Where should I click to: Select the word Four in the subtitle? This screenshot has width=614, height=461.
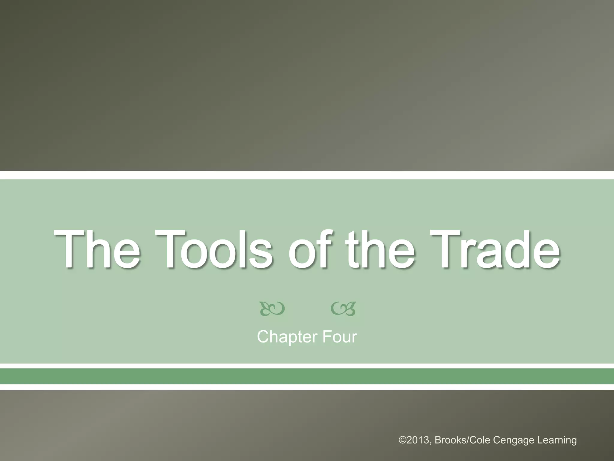click(340, 337)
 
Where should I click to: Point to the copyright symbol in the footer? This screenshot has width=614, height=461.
click(402, 440)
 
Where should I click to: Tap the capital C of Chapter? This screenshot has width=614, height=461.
click(263, 337)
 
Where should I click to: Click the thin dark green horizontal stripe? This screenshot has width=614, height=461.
click(307, 376)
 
